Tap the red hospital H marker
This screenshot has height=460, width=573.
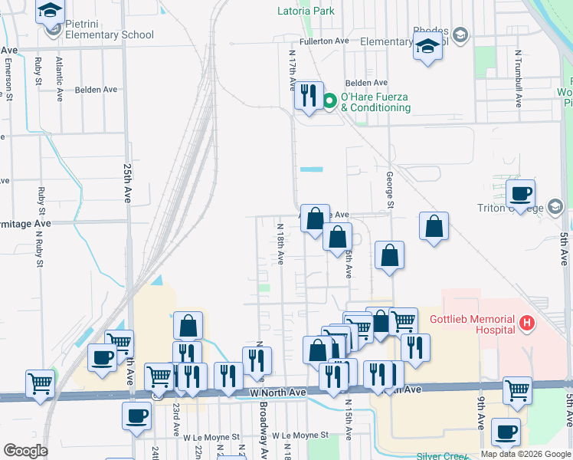(526, 324)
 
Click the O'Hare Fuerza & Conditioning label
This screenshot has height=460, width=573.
(375, 102)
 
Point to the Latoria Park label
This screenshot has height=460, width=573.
(305, 11)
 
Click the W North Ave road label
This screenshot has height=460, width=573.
(277, 392)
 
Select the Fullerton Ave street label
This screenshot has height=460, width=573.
(325, 41)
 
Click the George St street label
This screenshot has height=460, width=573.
(389, 189)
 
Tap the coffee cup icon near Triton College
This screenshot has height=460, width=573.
(520, 194)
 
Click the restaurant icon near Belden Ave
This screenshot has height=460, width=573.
(309, 95)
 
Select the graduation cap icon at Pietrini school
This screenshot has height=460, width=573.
(51, 11)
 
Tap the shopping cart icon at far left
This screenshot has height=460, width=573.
(40, 383)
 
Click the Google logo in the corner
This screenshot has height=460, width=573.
(25, 450)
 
